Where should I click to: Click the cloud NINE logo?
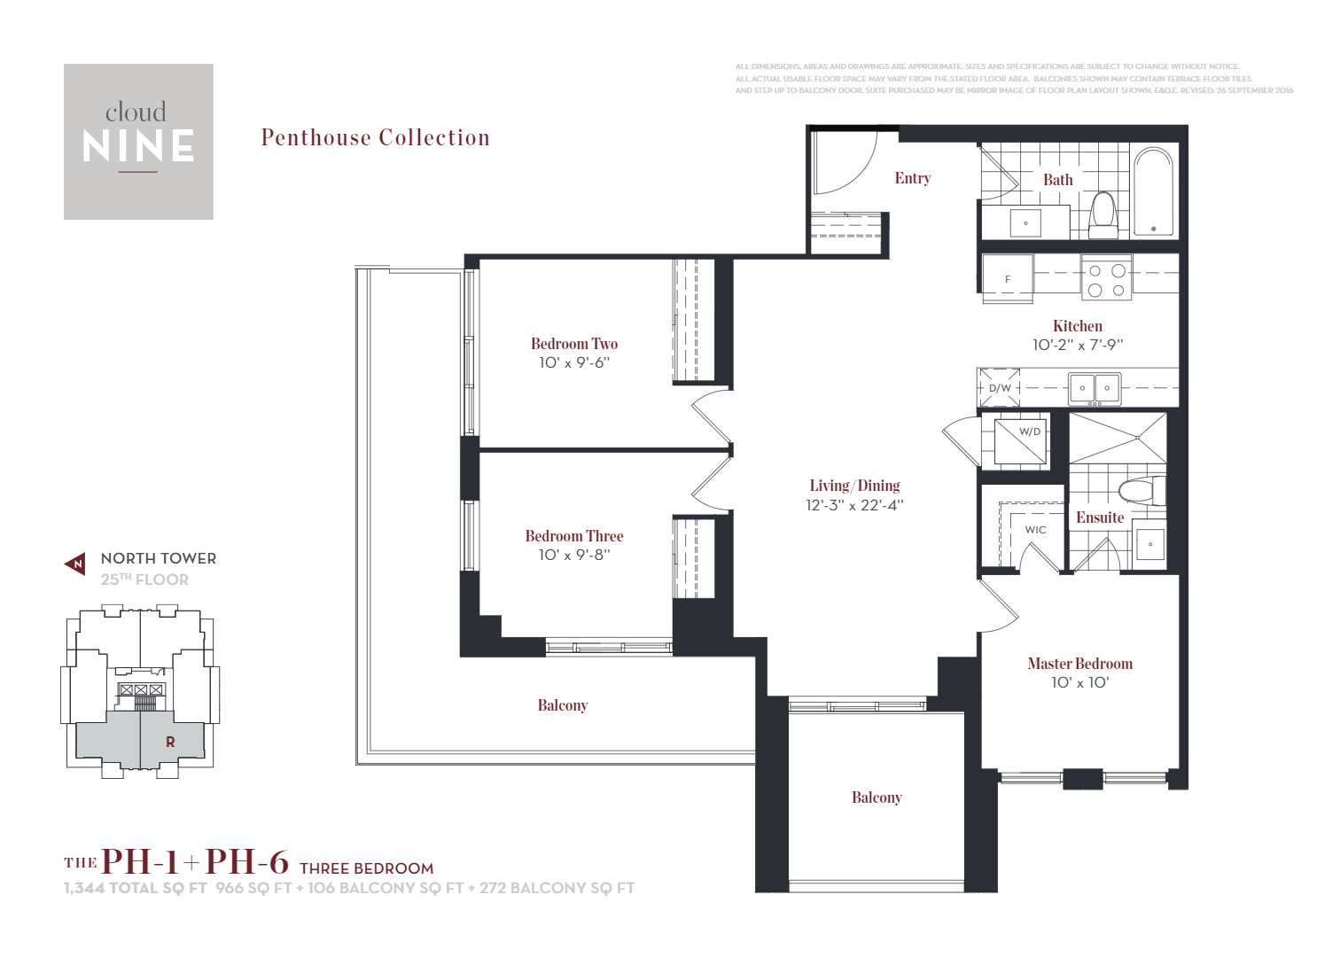point(138,141)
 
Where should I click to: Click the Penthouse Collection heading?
point(375,138)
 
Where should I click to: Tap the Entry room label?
point(912,178)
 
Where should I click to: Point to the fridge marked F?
point(1008,278)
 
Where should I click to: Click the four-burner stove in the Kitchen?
point(1106,280)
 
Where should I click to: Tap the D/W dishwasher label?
point(1000,388)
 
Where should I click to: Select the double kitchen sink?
point(1095,388)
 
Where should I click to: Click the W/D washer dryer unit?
point(1020,440)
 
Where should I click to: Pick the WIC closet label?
point(1035,530)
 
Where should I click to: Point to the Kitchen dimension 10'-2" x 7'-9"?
point(1077,345)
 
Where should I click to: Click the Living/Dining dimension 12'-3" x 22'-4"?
point(854,505)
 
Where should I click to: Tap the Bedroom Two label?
point(574,344)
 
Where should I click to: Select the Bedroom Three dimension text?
point(574,555)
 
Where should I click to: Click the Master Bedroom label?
point(1079,664)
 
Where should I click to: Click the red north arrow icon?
point(76,564)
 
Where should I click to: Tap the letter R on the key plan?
point(170,742)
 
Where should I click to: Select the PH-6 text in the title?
point(247,862)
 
